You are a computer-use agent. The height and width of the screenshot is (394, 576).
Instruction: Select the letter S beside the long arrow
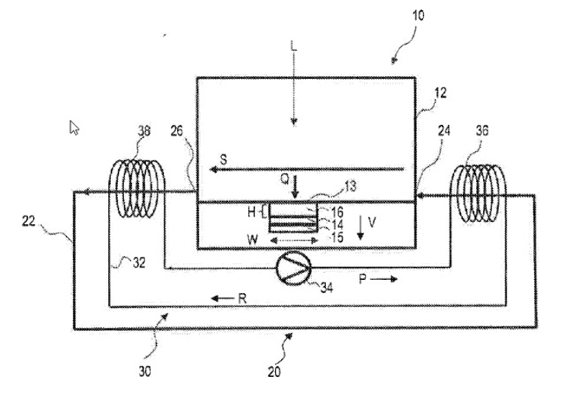coord(223,158)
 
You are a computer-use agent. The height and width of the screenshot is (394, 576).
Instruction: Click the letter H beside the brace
coord(252,211)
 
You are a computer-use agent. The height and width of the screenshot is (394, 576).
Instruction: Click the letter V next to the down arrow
coord(372,222)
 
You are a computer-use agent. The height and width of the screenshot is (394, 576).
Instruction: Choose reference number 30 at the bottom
coord(146,371)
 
